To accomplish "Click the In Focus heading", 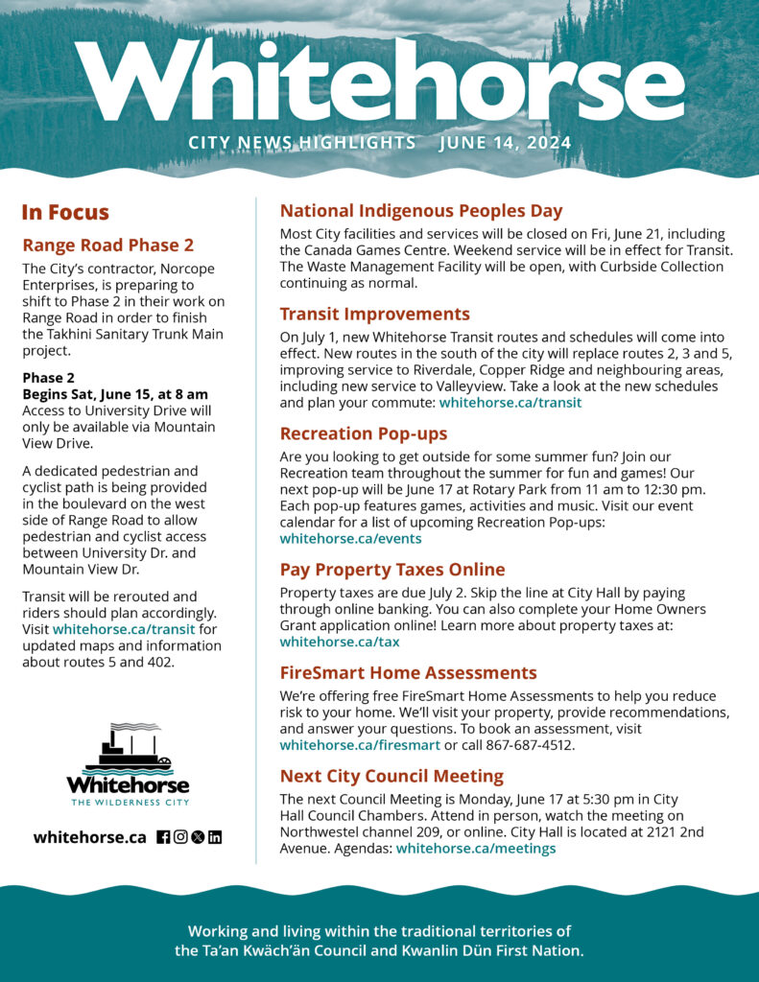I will click(65, 213).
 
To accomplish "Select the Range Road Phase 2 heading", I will click(108, 245).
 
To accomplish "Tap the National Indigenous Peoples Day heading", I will click(421, 211).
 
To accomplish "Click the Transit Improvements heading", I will click(374, 314).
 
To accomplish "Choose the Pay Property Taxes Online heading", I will click(392, 570).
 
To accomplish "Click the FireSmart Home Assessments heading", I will click(408, 672).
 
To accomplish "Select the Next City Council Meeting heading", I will click(391, 776).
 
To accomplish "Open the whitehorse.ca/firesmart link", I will click(360, 744).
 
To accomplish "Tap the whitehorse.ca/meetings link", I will click(476, 848).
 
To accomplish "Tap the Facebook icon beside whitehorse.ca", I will click(163, 837).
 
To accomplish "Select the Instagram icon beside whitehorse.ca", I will click(180, 837).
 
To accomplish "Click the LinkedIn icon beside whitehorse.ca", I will click(215, 837).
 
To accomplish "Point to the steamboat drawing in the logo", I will click(128, 749).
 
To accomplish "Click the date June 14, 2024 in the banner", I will click(505, 144).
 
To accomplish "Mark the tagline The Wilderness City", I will click(128, 801).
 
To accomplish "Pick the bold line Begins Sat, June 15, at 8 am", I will click(115, 394).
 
